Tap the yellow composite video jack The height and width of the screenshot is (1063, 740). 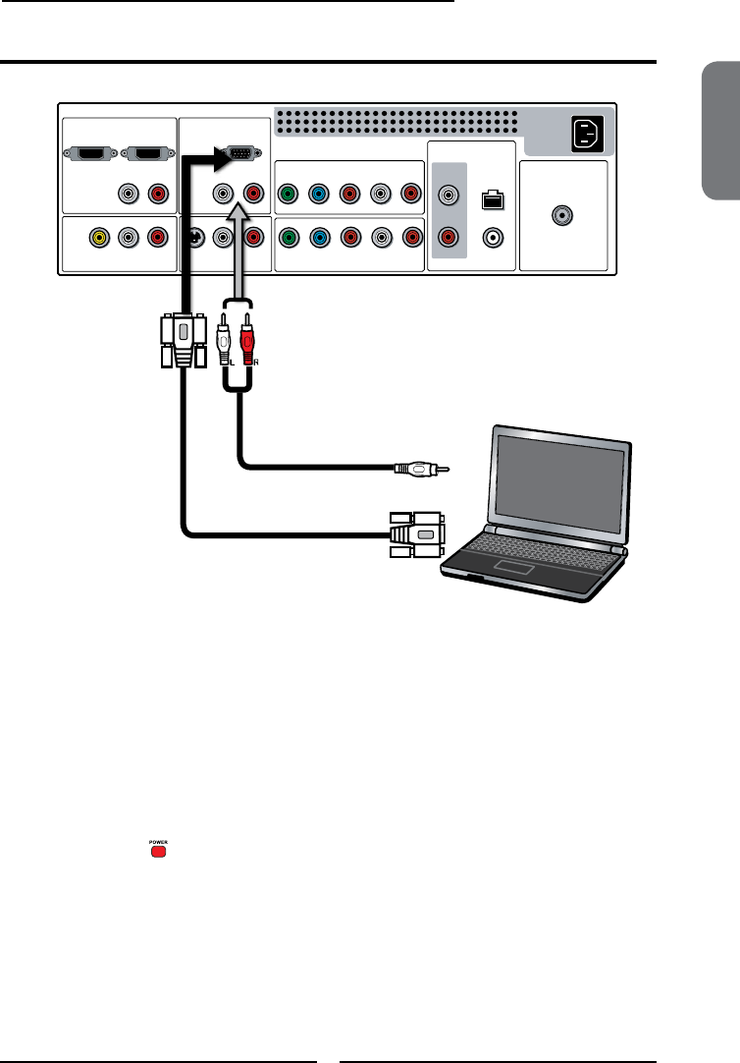tap(98, 237)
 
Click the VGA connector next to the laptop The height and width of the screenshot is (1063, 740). tap(417, 534)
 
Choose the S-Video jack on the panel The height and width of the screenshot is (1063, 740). tap(194, 237)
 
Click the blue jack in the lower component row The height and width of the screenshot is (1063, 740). tap(318, 237)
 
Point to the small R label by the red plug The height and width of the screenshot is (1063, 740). tap(257, 362)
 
